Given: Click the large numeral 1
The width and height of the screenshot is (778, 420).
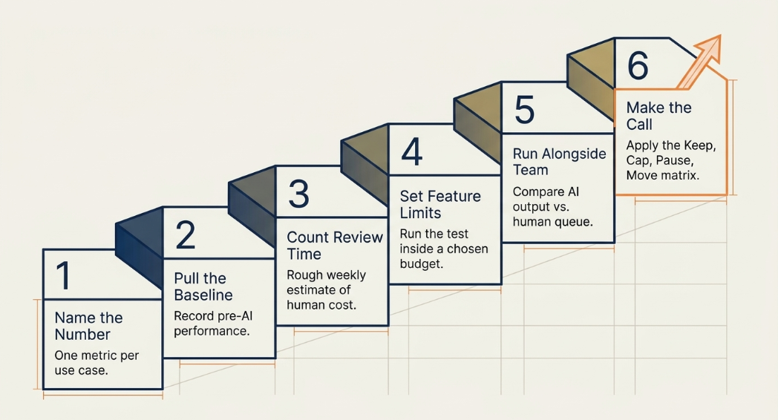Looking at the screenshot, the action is click(x=64, y=275).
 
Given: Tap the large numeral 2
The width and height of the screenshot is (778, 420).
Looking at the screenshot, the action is click(x=186, y=234).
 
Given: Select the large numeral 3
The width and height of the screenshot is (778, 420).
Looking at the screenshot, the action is click(x=298, y=194).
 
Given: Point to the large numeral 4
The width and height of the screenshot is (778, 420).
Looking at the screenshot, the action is click(x=412, y=151).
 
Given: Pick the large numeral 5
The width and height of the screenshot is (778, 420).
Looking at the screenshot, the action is click(x=524, y=110).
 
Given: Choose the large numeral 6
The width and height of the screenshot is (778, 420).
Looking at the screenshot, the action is click(x=638, y=65).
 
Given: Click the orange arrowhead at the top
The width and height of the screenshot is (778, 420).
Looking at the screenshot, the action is click(x=707, y=48).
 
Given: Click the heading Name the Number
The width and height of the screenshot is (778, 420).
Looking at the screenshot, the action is click(x=89, y=326).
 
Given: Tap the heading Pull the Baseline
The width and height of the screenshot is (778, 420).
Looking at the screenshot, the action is click(x=203, y=286).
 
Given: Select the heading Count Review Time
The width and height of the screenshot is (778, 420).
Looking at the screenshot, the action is click(x=335, y=246).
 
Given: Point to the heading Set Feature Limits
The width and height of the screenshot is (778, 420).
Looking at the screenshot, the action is click(x=440, y=204).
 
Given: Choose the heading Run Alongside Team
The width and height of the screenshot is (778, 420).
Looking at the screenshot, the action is click(x=559, y=162).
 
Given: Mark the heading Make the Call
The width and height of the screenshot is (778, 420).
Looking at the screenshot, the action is click(x=659, y=116).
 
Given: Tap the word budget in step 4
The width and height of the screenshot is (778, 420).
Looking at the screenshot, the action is click(x=421, y=264).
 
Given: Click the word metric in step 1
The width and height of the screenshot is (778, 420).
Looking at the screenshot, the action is click(x=99, y=355).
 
